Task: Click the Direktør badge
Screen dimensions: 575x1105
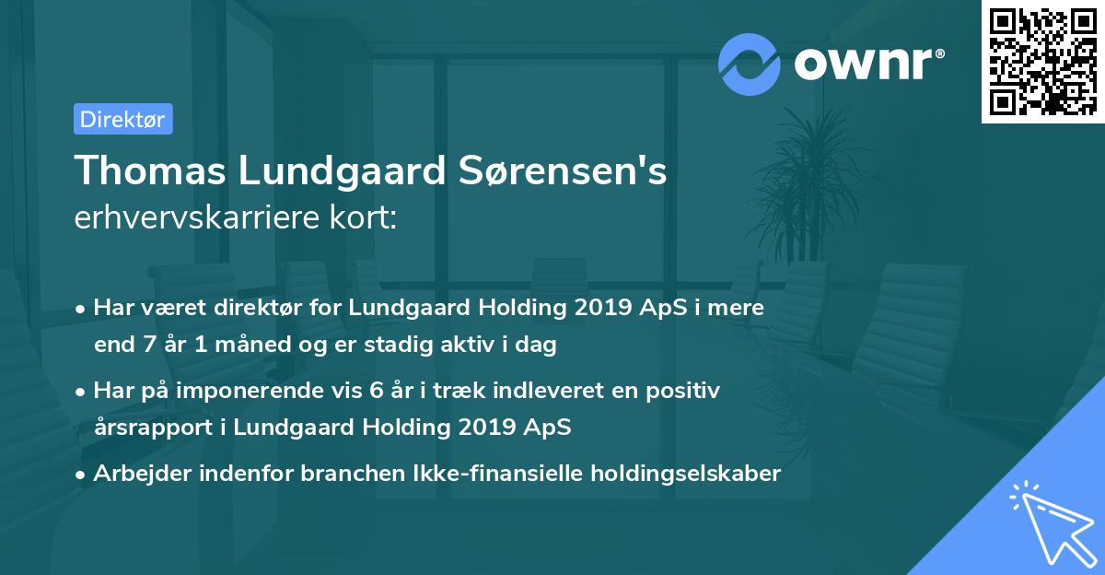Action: click(122, 119)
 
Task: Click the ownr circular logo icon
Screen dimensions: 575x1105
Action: click(750, 64)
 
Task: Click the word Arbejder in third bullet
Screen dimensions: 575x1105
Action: click(137, 474)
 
